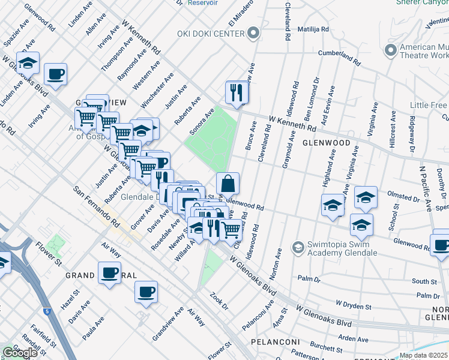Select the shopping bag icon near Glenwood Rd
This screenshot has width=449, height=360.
(228, 183)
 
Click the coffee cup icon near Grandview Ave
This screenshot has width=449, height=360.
(146, 292)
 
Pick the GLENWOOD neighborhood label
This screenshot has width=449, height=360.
(326, 143)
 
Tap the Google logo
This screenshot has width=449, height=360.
(20, 353)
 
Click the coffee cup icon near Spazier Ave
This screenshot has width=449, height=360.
(56, 74)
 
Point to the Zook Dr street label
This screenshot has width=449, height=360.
(219, 301)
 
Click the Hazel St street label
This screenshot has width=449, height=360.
(70, 298)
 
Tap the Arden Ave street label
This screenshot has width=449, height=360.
(353, 339)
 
